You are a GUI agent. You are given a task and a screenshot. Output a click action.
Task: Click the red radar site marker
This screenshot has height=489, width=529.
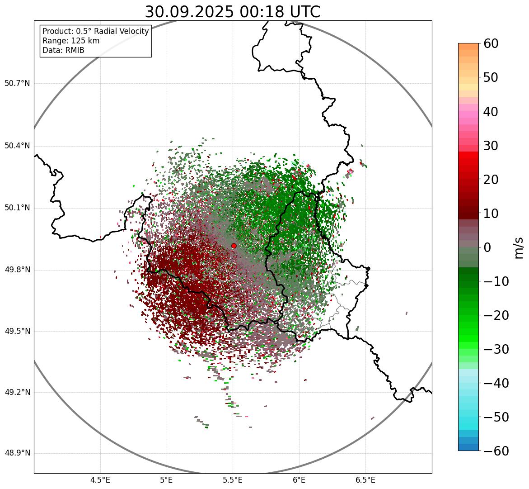(x=234, y=246)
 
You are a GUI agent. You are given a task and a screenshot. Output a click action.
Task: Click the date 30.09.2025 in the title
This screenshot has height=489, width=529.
(x=189, y=12)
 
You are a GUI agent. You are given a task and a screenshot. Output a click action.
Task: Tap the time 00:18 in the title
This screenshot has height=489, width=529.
(x=260, y=12)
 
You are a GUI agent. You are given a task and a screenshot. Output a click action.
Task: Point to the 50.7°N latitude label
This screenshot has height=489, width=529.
(x=17, y=84)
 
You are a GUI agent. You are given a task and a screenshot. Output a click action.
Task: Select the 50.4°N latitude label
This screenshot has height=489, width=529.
(x=17, y=146)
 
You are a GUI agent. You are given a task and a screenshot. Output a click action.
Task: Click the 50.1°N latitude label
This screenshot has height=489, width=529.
(x=17, y=208)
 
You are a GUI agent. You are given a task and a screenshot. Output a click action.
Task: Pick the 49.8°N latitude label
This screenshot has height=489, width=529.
(x=17, y=270)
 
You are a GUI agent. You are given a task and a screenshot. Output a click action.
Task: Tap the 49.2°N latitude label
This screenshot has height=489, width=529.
(x=17, y=392)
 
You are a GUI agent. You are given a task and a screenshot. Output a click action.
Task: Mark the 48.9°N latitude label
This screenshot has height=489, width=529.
(x=17, y=453)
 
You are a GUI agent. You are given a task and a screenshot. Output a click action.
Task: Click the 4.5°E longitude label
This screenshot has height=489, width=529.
(x=100, y=480)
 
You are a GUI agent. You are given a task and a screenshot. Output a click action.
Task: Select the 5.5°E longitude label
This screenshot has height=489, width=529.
(x=233, y=480)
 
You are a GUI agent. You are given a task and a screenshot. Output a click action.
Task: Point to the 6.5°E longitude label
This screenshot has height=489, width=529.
(x=365, y=480)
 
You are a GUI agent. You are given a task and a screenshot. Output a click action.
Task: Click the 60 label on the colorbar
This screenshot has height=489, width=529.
(x=491, y=43)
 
